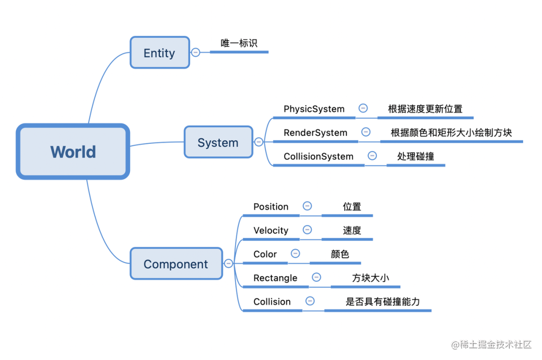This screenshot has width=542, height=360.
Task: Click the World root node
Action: tap(73, 151)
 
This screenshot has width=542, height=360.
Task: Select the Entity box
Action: tap(160, 53)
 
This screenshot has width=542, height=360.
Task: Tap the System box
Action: tap(218, 142)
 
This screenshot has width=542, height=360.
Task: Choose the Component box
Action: tap(176, 264)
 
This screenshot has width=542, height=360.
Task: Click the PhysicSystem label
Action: tap(314, 109)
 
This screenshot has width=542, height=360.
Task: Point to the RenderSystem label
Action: tap(315, 132)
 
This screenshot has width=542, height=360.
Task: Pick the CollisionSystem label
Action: tap(318, 156)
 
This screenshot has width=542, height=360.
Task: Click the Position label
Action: tap(270, 207)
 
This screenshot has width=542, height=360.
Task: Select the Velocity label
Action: tap(270, 230)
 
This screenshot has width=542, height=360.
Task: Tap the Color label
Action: tap(265, 254)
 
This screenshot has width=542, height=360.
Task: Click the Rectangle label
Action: tap(275, 278)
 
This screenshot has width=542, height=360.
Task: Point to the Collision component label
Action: tap(272, 301)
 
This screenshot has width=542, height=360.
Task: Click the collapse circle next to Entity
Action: tap(196, 52)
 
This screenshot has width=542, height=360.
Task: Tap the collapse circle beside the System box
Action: tap(258, 142)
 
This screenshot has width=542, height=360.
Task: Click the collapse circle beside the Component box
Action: tap(228, 263)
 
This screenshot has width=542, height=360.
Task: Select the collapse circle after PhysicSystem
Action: tap(363, 108)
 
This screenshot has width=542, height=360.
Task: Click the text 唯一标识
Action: tap(239, 43)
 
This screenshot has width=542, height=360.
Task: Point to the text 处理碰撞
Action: tap(416, 156)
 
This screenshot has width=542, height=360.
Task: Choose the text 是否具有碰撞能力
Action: tap(382, 301)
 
